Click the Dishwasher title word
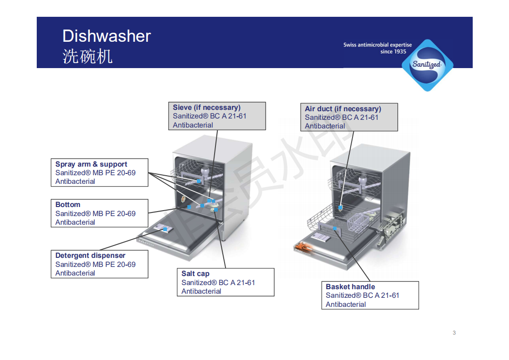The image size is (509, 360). click(106, 36)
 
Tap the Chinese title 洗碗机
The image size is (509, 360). click(87, 56)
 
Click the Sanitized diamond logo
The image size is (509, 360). click(426, 64)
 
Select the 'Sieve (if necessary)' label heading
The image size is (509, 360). click(206, 108)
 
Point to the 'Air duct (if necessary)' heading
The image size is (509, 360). click(343, 109)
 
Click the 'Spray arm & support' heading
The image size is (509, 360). click(91, 164)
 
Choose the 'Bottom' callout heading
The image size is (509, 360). click(68, 205)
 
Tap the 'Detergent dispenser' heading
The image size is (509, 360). click(90, 256)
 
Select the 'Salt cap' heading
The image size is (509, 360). click(195, 274)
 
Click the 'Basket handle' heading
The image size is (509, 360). click(350, 287)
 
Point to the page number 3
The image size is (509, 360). click(454, 333)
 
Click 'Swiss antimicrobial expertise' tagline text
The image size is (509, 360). click(377, 45)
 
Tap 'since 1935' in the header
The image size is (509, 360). click(393, 52)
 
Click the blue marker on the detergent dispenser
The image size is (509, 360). click(165, 230)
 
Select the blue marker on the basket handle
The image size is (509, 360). click(334, 229)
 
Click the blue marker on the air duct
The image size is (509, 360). click(340, 207)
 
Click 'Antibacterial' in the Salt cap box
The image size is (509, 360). click(201, 291)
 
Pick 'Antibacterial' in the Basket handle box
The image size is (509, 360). click(345, 305)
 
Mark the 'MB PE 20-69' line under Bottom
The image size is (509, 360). click(95, 214)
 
